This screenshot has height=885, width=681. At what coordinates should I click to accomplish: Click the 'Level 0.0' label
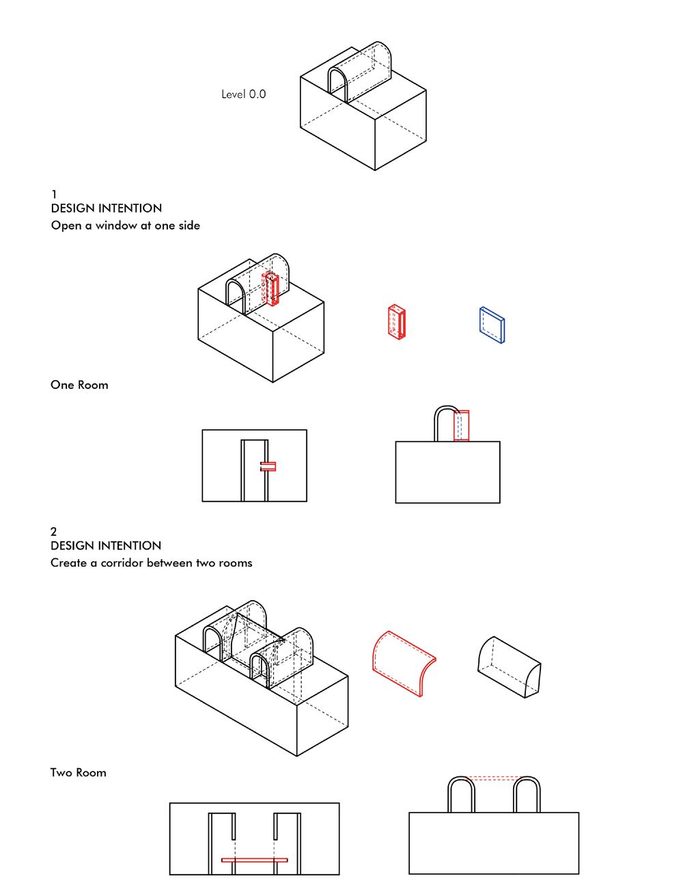(243, 94)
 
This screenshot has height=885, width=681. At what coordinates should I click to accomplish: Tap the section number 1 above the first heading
(54, 195)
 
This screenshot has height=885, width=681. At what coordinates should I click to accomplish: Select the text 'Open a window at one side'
(125, 226)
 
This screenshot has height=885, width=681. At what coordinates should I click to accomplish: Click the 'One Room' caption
(79, 385)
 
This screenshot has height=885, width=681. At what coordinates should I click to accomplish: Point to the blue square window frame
(492, 325)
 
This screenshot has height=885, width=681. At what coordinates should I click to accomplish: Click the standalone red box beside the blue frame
(397, 321)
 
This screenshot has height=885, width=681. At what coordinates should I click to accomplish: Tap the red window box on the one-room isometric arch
(272, 289)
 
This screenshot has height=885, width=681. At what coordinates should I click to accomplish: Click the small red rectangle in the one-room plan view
(268, 466)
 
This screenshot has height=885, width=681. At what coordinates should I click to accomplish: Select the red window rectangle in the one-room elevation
(462, 425)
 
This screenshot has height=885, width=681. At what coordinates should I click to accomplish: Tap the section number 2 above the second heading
(54, 532)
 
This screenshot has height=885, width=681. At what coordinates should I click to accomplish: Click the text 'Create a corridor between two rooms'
(151, 563)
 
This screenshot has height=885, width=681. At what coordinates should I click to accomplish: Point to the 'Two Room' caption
(79, 773)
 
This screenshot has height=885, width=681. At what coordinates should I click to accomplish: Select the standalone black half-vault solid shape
(509, 666)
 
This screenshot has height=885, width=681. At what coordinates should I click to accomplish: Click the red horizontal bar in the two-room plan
(254, 860)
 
